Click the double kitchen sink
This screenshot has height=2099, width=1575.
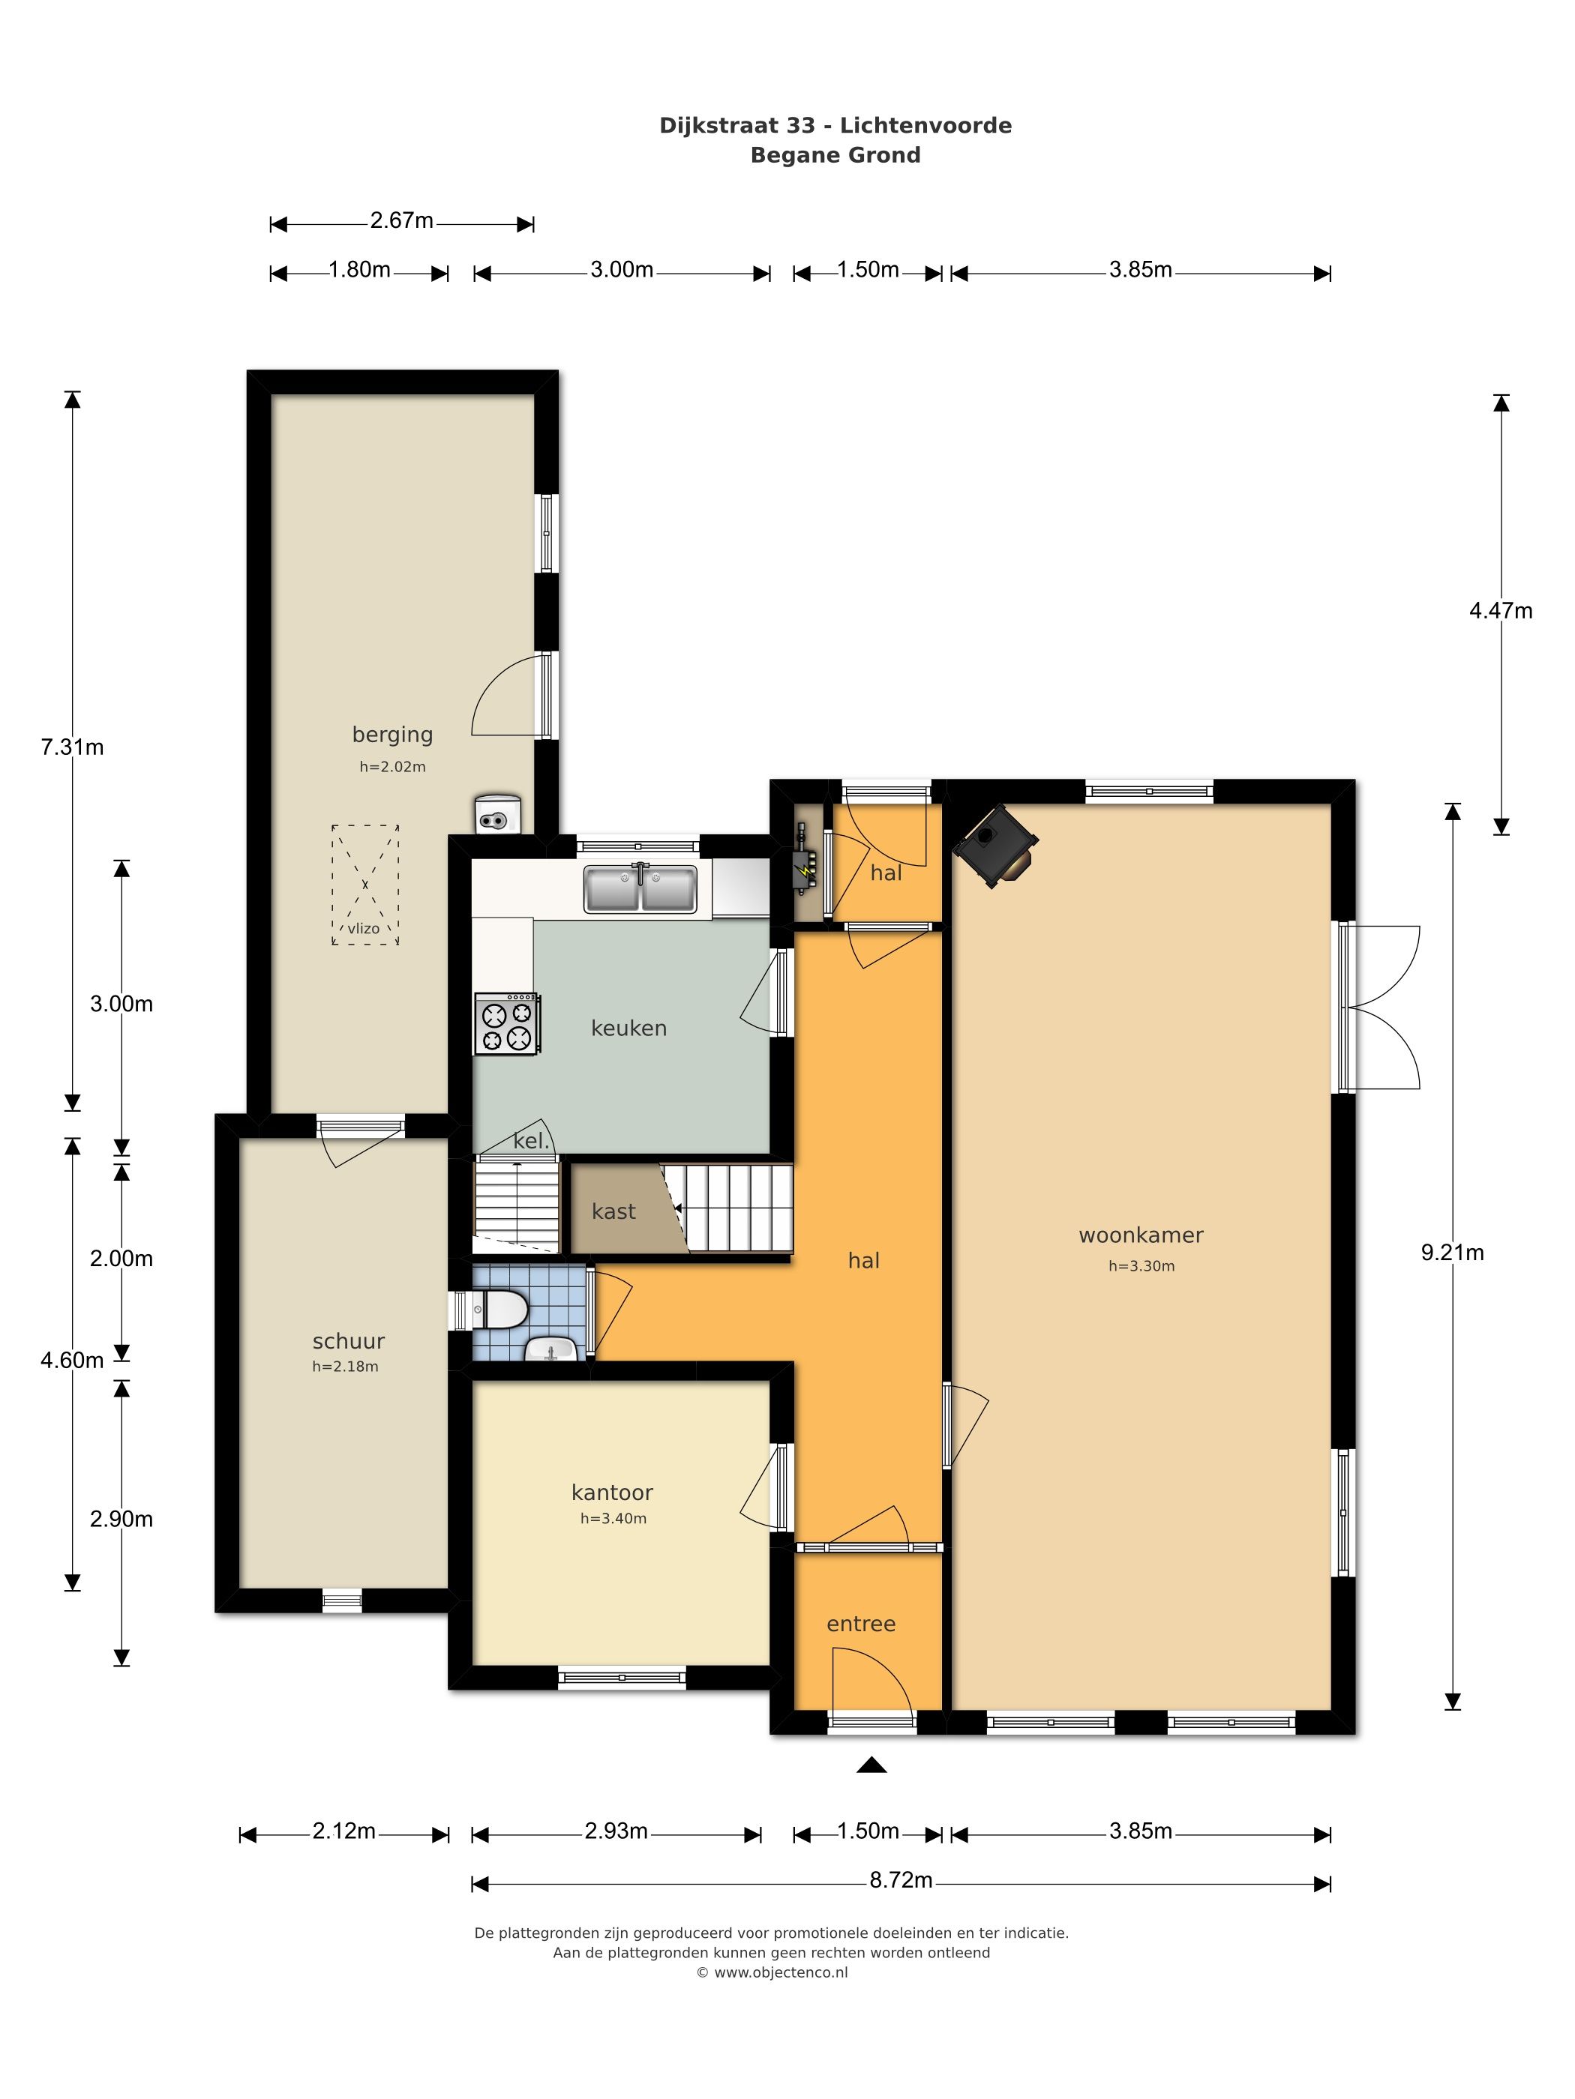coord(640,888)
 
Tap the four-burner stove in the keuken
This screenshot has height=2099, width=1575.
coord(507,1024)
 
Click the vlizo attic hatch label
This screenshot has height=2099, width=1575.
coord(364,929)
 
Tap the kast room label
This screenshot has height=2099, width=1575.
coord(613,1211)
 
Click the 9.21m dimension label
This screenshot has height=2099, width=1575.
coord(1451,1253)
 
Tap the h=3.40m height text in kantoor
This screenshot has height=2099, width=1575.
coord(613,1518)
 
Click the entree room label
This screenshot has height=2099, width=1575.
coord(861,1624)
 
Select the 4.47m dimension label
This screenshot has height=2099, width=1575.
coord(1500,611)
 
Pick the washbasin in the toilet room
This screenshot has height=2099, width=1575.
coord(550,1349)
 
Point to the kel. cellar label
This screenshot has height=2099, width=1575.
coord(531,1141)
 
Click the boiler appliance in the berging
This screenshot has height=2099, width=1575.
coord(497,813)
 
